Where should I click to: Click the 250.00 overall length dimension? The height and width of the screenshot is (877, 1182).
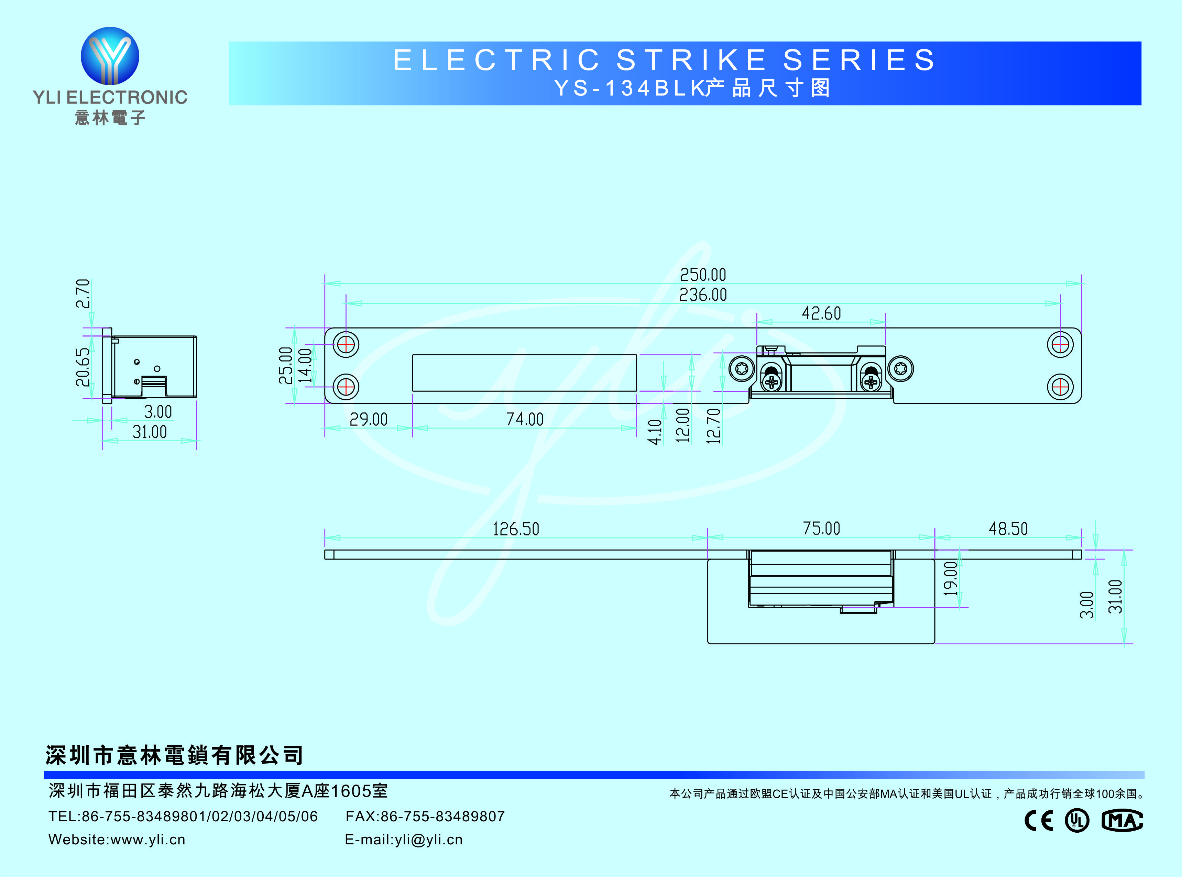tap(702, 275)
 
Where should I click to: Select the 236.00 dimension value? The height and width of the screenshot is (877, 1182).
tap(702, 295)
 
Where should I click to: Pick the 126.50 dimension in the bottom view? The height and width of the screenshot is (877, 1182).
tap(516, 529)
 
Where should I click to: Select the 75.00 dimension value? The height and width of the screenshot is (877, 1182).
tap(821, 529)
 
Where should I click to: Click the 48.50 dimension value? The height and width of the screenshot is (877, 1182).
tap(1008, 529)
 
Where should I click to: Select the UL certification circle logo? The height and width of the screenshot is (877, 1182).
tap(1077, 821)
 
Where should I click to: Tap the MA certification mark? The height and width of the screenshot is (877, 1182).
tap(1121, 821)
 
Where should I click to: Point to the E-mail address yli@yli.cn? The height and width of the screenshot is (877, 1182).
tap(404, 840)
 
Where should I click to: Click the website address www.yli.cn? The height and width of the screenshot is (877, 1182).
tap(117, 840)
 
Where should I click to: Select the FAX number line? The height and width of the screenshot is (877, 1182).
tap(425, 817)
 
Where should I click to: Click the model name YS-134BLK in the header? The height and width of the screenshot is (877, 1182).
tap(629, 88)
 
